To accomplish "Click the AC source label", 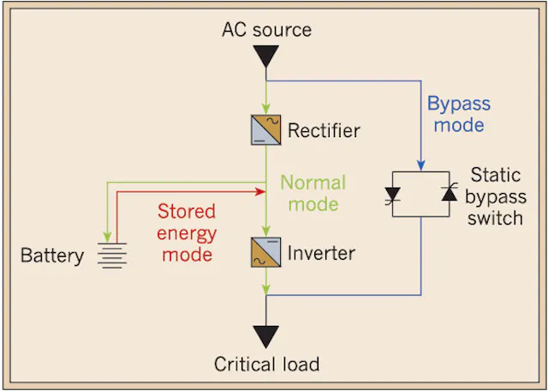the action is (266, 29).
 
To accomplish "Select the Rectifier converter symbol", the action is (266, 129).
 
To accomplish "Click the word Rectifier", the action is (324, 130).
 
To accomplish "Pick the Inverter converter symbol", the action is (266, 252).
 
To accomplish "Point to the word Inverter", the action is (321, 253).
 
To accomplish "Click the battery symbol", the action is (112, 256).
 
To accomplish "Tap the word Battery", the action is (52, 256).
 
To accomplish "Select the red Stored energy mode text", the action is (187, 232).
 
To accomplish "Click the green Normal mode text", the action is (313, 193).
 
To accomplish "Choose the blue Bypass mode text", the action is (459, 114).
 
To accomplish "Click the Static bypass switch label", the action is (496, 196).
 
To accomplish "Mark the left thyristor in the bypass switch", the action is (392, 195).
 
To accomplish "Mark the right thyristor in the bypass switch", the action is (449, 193).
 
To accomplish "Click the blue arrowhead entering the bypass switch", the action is (420, 165).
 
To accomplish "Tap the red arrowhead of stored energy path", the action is (259, 191).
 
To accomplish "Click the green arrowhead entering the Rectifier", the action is (266, 109).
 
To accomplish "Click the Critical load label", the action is (266, 364).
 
